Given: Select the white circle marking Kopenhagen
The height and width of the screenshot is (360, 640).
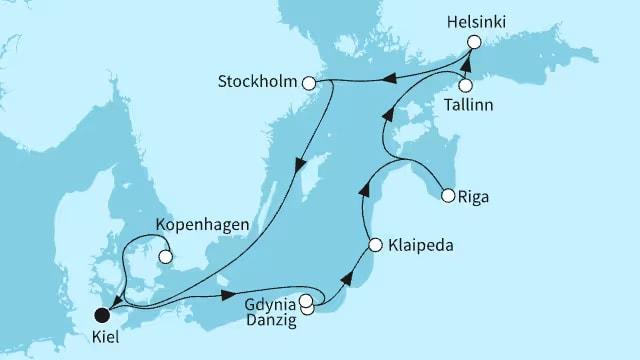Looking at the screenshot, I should (166, 256).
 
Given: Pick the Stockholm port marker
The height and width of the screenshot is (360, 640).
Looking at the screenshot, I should (310, 84).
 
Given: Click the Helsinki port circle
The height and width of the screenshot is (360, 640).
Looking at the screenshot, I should (474, 42).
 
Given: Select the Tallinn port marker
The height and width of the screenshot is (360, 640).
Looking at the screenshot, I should (466, 85).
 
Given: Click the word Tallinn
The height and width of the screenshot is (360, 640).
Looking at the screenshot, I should (466, 106).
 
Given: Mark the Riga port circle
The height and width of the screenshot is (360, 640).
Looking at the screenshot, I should (448, 195).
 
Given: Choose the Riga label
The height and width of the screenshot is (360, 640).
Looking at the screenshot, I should (477, 196).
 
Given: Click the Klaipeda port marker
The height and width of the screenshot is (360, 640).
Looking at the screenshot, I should (374, 244).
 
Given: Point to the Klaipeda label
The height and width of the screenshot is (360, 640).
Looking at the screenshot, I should (415, 244).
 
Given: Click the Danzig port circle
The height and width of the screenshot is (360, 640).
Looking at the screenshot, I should (307, 308).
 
